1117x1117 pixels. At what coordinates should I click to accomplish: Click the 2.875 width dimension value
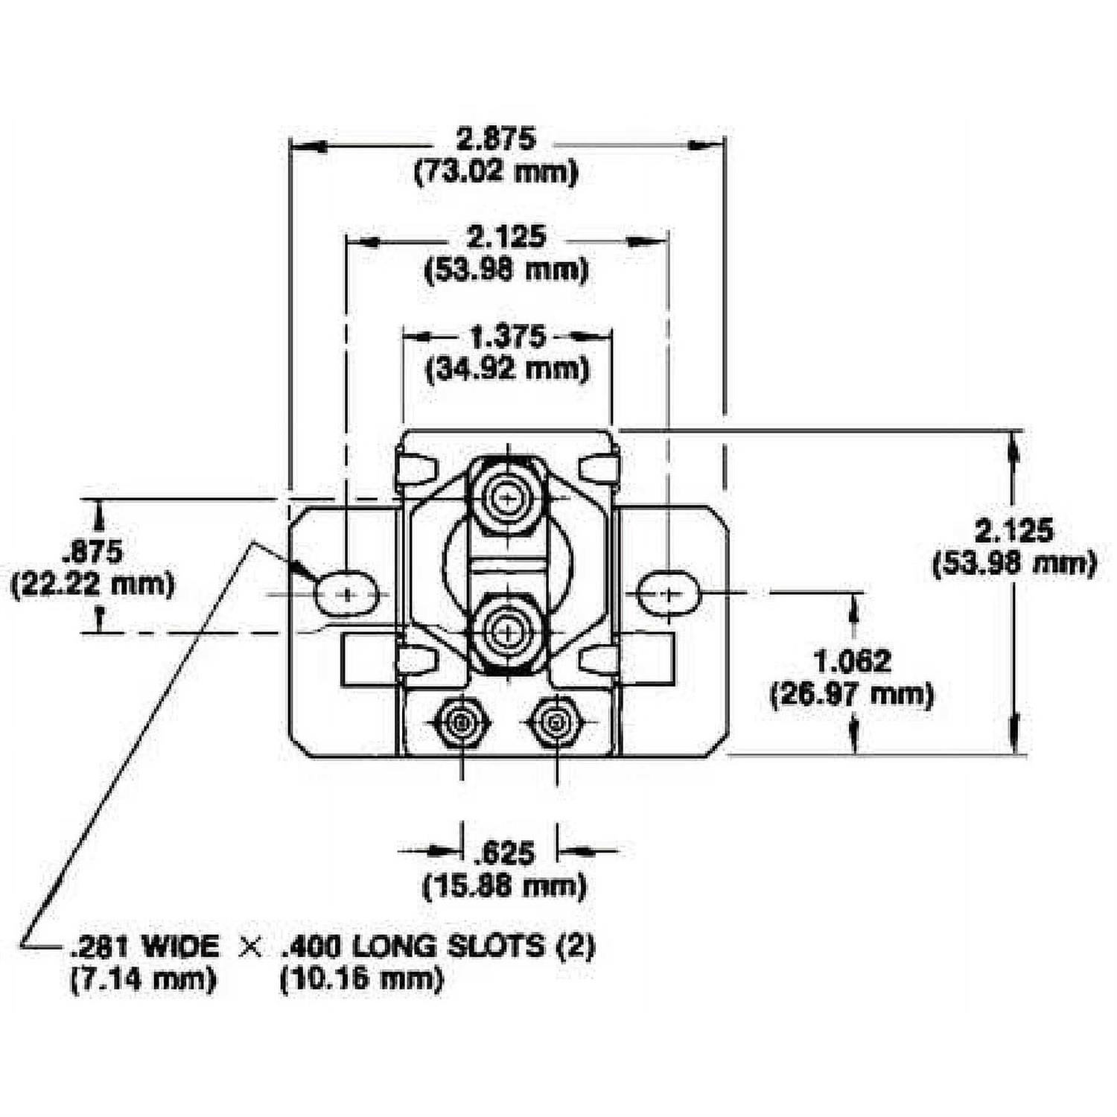point(495,140)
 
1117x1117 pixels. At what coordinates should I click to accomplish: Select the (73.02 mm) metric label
point(495,173)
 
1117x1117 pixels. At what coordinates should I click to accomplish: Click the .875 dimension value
point(92,553)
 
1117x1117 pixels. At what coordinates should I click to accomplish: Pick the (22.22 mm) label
point(92,583)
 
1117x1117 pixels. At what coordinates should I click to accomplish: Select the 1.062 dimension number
point(852,661)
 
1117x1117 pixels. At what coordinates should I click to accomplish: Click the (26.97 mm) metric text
point(852,695)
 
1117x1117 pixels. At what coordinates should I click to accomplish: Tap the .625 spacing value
point(506,853)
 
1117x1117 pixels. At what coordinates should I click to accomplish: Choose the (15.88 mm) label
point(504,886)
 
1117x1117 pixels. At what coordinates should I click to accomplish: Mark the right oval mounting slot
point(668,593)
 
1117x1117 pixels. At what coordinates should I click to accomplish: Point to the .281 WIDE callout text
point(144,946)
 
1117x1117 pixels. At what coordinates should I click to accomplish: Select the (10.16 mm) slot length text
point(361,978)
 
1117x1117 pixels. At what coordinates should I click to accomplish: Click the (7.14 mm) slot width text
point(143,978)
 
